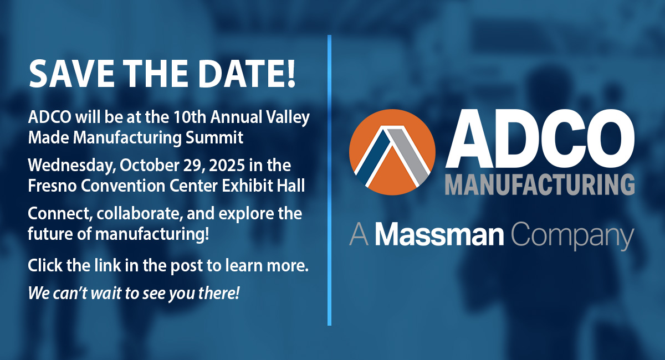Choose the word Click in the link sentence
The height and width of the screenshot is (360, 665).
click(x=44, y=266)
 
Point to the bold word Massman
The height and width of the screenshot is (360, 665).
click(x=439, y=235)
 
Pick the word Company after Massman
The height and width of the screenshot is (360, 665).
click(x=572, y=236)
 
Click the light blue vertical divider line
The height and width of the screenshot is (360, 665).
click(x=329, y=180)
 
